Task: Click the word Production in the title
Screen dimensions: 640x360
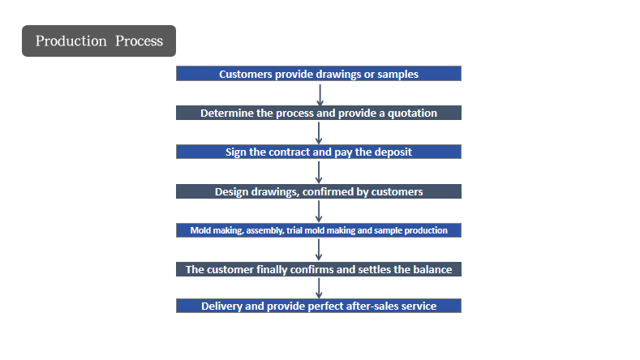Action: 71,41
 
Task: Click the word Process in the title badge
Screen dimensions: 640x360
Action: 139,41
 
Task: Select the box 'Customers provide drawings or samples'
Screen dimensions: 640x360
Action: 319,74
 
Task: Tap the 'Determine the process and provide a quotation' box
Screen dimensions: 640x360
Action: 319,113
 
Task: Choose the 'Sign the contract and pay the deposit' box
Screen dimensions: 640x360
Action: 319,152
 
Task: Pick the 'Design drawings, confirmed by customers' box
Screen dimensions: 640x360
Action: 319,191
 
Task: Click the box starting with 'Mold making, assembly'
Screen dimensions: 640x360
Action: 319,230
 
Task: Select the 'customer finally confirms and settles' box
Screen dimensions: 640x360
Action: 319,269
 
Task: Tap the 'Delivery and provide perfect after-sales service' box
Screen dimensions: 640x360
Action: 319,306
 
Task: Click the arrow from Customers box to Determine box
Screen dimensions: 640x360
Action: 320,95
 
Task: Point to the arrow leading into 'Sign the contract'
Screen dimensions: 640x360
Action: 319,133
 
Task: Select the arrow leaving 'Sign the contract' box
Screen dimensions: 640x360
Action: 319,172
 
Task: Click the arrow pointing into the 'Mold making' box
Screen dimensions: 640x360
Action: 319,212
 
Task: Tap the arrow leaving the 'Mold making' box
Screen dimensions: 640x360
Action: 319,250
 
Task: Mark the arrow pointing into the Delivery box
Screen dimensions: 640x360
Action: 319,288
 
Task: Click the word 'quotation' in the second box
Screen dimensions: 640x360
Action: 412,113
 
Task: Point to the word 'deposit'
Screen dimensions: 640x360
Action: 393,152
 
